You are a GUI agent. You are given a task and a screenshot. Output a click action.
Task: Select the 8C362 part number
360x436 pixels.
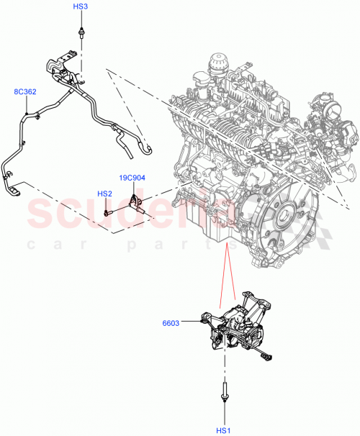pyautogui.click(x=25, y=92)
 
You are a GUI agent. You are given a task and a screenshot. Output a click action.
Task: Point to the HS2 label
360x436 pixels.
pyautogui.click(x=105, y=194)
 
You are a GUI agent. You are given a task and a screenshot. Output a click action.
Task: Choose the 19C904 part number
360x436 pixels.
pyautogui.click(x=133, y=176)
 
